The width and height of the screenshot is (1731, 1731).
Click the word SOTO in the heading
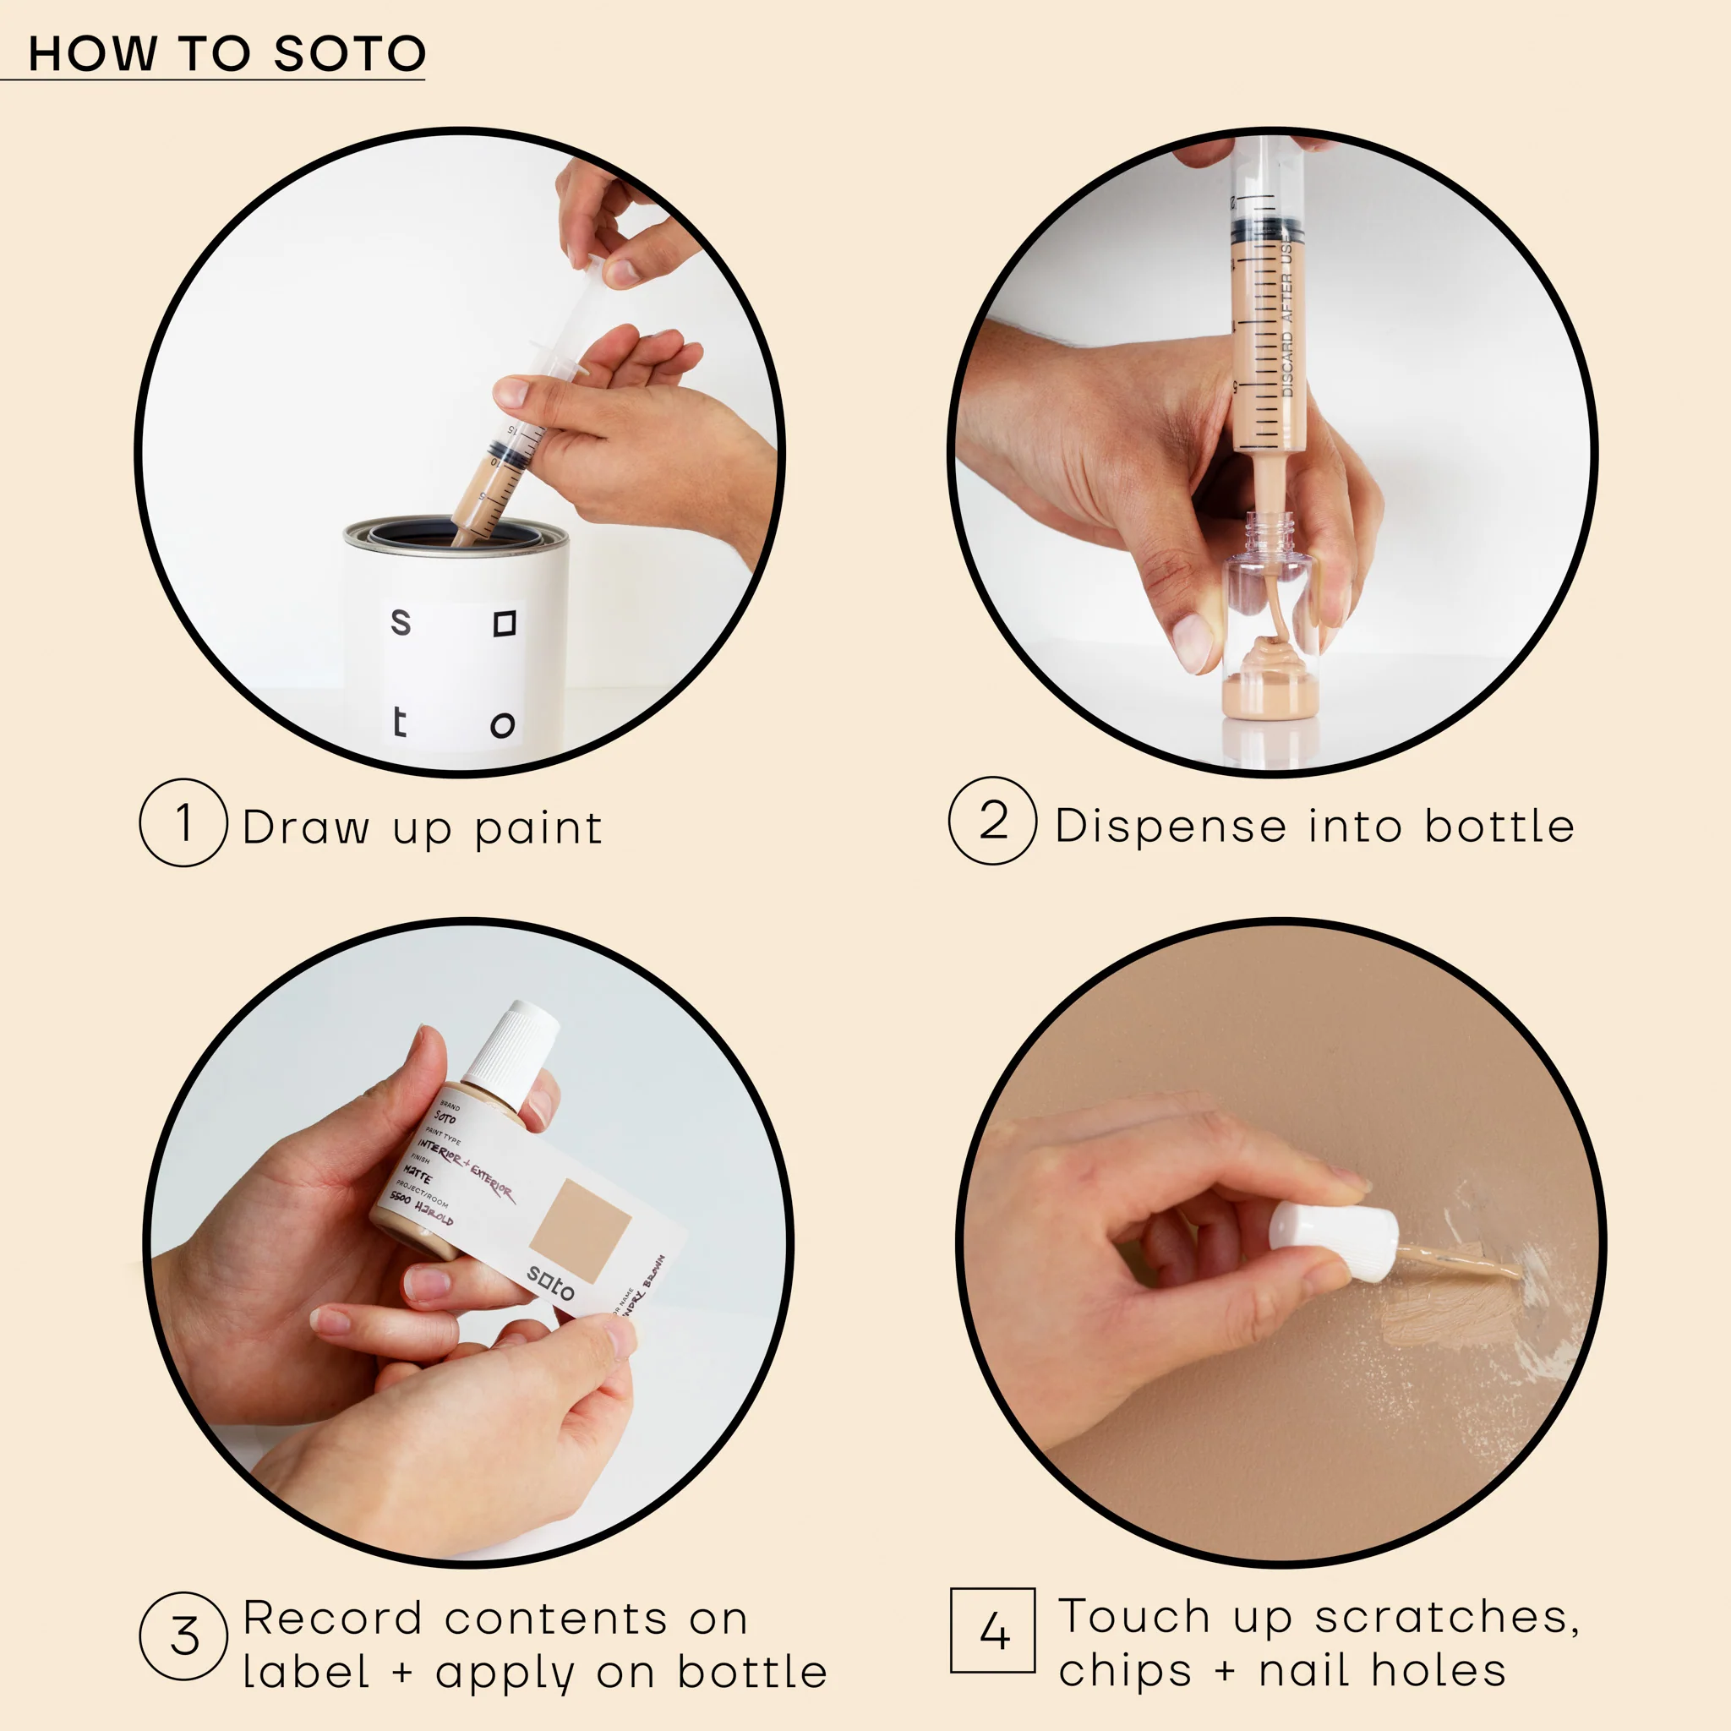pos(349,54)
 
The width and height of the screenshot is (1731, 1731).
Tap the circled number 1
pos(183,822)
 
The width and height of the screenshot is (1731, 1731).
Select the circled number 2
pos(993,821)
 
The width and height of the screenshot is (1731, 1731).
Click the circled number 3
pos(183,1636)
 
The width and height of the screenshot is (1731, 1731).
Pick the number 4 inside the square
pos(993,1630)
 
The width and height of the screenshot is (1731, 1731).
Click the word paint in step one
pos(538,827)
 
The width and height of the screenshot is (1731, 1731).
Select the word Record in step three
pos(332,1618)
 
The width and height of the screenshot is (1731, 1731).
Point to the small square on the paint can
pos(505,624)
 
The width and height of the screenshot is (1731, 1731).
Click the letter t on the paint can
pos(400,722)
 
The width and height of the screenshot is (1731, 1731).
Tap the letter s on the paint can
pos(401,622)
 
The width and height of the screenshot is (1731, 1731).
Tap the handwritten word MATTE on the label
pos(418,1175)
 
